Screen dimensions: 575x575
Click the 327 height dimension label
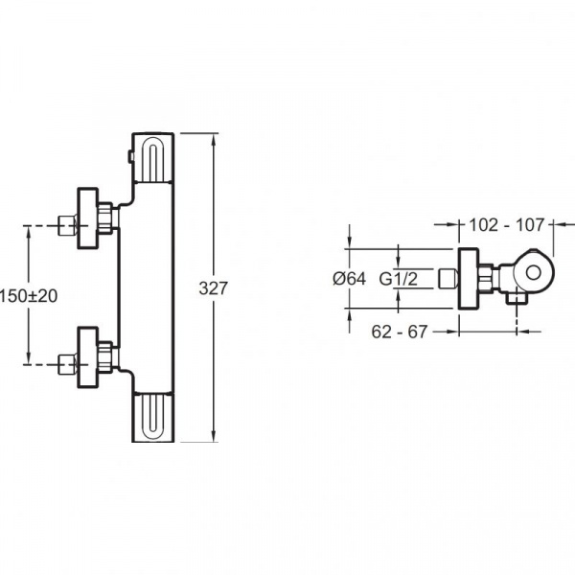213,288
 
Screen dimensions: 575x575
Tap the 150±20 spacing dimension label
29,296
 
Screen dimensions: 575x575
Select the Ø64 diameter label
349,279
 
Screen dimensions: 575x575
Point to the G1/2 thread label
399,279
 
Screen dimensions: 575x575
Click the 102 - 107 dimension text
506,224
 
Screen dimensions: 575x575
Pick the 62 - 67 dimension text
400,332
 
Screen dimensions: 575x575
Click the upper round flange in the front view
87,218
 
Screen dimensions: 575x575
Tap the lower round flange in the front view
87,357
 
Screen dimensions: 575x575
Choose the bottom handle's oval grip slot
152,416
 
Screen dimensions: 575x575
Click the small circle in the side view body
533,273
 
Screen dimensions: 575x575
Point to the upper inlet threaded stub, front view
67,225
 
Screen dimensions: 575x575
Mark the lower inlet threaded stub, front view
67,364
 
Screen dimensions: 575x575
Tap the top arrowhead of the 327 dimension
214,140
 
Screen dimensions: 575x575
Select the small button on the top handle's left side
129,156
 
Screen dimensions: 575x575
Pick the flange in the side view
469,279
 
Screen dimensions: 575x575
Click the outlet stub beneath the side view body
517,295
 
